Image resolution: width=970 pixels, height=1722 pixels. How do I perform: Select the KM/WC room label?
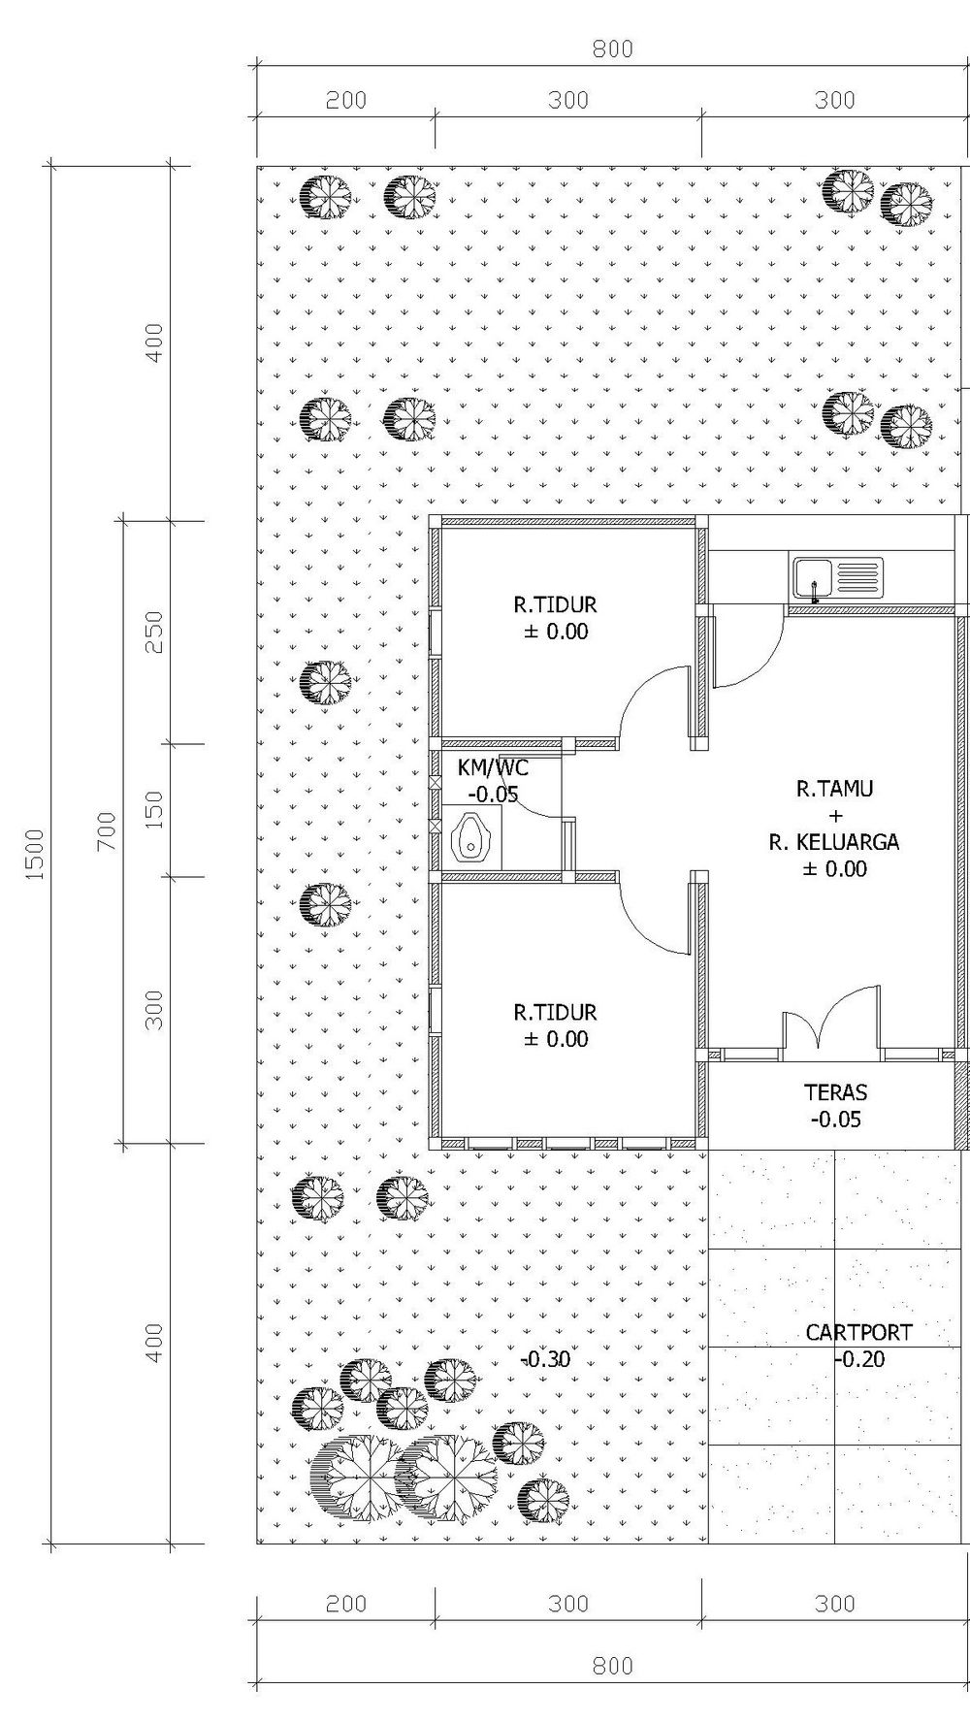tap(493, 768)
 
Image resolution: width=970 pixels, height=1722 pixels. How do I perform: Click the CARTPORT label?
tap(858, 1332)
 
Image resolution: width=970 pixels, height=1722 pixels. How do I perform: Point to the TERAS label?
tap(835, 1092)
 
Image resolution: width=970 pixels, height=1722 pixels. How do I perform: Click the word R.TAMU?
tap(834, 789)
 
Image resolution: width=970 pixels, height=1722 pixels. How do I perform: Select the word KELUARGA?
tap(847, 842)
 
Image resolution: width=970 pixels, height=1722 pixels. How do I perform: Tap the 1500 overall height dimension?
tap(35, 854)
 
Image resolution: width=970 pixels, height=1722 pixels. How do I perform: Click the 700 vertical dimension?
tap(106, 831)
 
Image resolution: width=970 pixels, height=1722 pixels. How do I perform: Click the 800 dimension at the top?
tap(612, 49)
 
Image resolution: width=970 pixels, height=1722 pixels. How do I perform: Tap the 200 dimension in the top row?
tap(346, 100)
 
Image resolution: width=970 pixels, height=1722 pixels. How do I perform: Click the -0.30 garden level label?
tap(545, 1359)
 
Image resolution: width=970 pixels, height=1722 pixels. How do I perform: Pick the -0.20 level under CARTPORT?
tap(859, 1359)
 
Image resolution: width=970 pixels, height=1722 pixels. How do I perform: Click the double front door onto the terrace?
tap(831, 1019)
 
